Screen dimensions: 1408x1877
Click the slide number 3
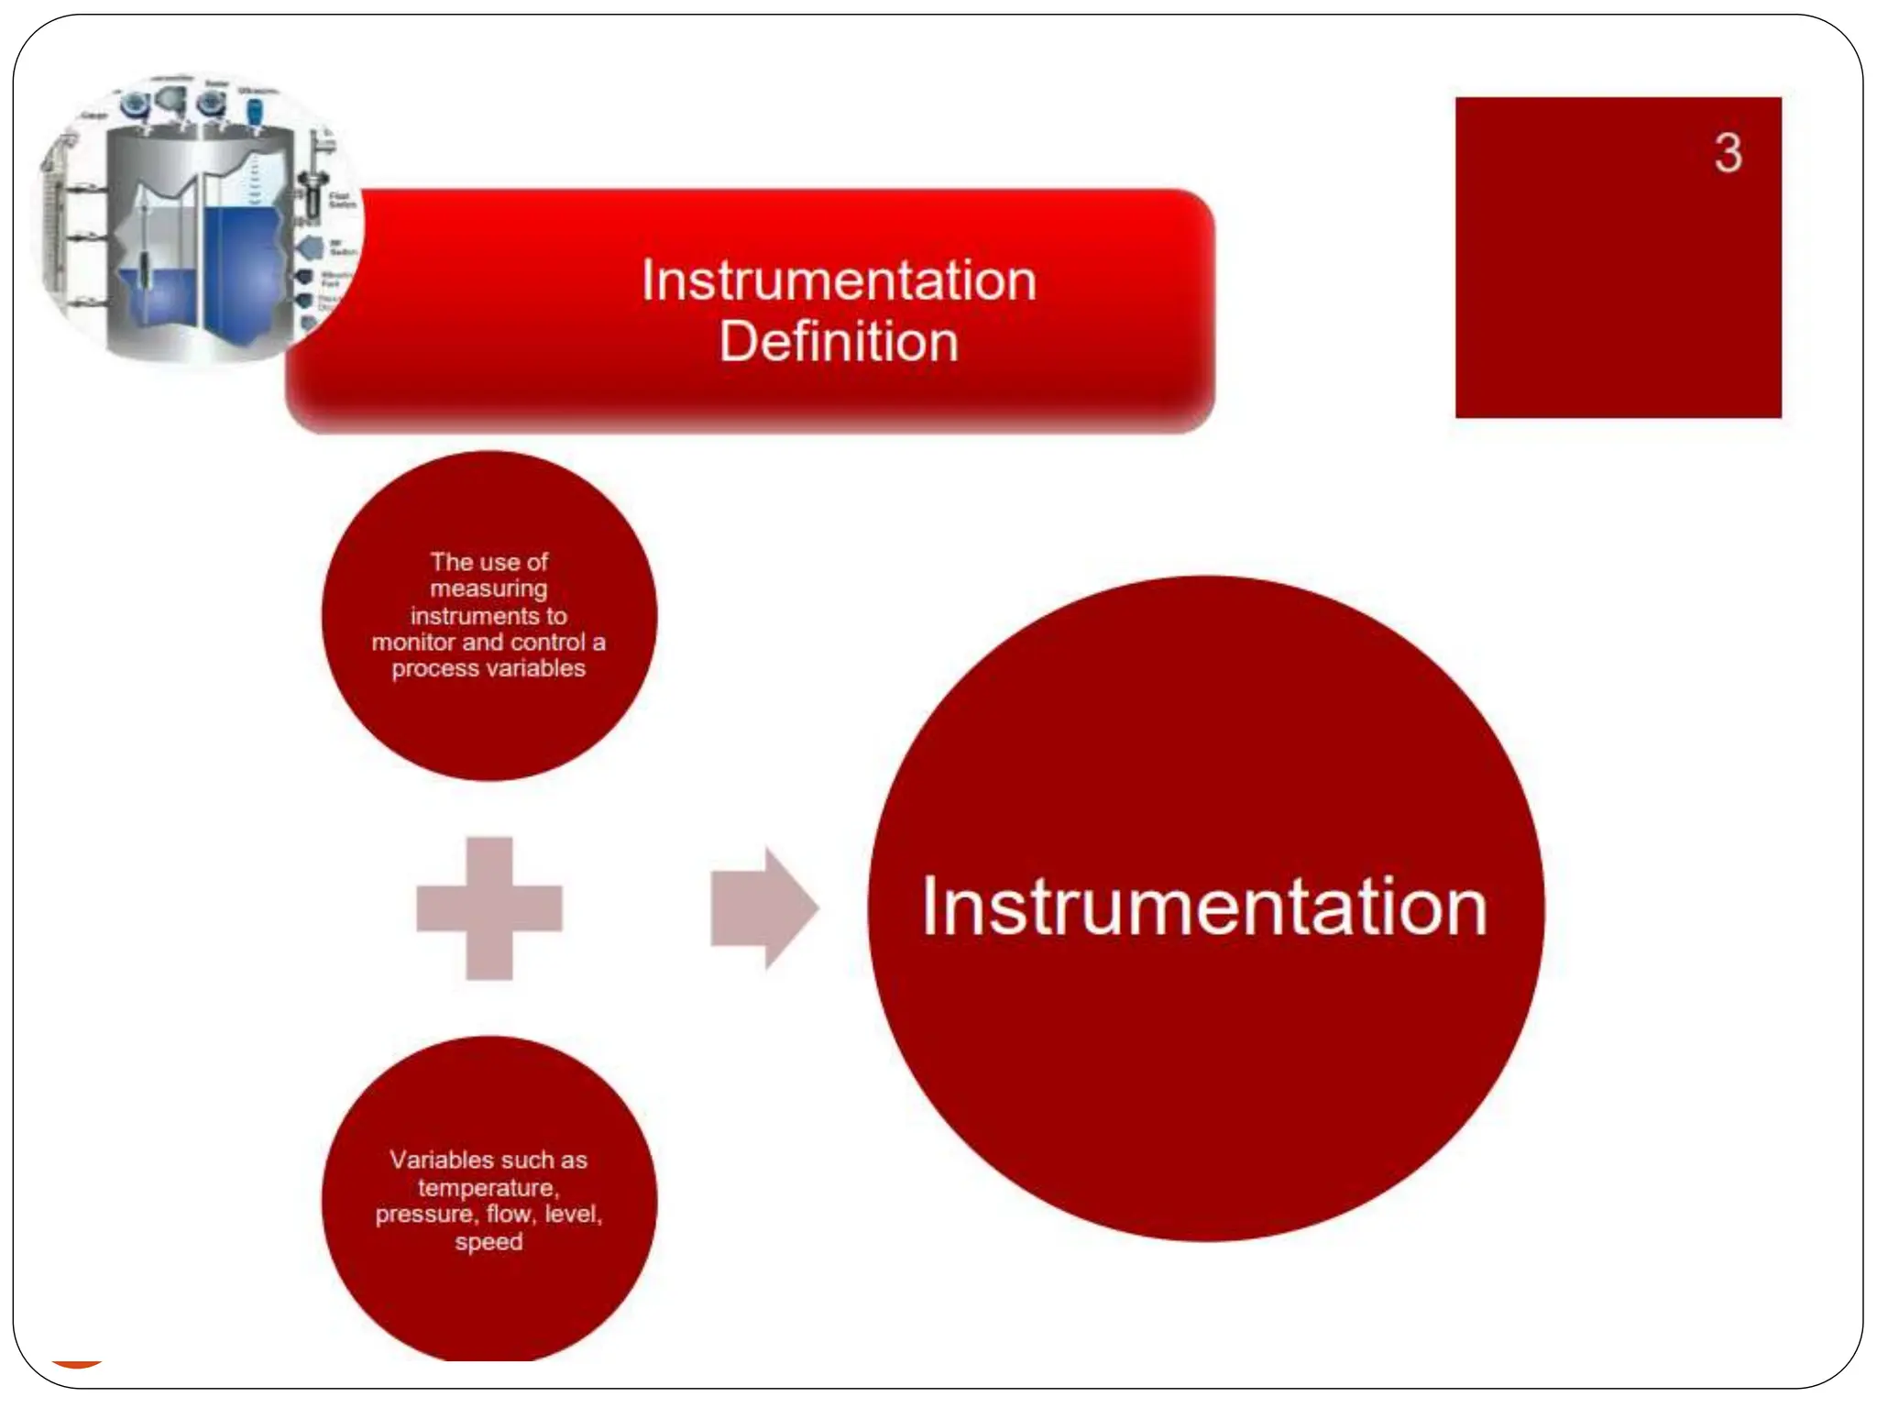(x=1728, y=153)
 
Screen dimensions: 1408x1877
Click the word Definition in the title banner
(x=839, y=342)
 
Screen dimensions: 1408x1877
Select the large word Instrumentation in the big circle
(x=1204, y=907)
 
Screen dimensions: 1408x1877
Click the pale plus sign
(x=489, y=908)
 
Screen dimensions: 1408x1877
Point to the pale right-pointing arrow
(x=763, y=908)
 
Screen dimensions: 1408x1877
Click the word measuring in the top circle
(x=488, y=588)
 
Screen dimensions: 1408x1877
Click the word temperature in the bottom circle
(x=488, y=1188)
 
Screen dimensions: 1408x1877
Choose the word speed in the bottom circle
(x=488, y=1242)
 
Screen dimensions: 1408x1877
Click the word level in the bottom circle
(x=572, y=1215)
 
